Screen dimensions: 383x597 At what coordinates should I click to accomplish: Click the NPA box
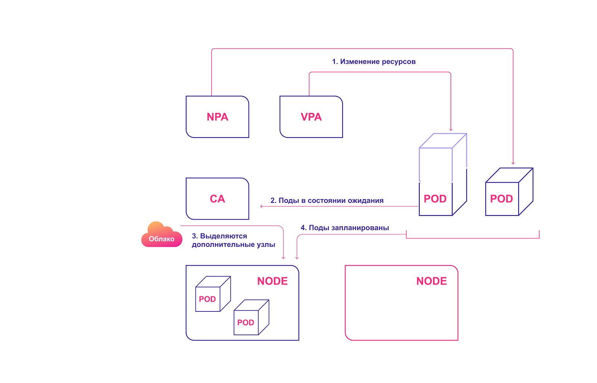(217, 117)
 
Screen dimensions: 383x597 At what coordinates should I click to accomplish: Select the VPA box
(311, 117)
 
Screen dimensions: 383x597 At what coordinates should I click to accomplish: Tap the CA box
(217, 199)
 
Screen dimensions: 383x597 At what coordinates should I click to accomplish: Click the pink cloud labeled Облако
(162, 237)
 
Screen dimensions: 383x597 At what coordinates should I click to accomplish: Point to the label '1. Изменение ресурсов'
(373, 62)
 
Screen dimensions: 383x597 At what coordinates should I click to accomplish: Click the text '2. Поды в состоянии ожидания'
(327, 201)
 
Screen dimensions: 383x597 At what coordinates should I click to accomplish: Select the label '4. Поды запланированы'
(345, 228)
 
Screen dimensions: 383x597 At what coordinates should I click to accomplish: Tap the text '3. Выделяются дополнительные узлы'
(233, 241)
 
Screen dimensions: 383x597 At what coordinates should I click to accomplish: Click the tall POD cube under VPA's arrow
(435, 199)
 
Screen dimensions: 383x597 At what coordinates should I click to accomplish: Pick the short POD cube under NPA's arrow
(502, 199)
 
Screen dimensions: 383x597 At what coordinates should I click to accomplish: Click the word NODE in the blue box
(272, 281)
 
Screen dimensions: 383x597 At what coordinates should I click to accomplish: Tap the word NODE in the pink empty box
(431, 281)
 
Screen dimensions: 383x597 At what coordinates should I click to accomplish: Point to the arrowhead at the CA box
(261, 206)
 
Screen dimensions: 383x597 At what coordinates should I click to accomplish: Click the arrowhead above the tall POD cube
(451, 130)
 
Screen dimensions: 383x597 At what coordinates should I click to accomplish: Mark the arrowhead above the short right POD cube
(513, 163)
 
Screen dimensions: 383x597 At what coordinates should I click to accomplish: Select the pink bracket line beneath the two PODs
(472, 238)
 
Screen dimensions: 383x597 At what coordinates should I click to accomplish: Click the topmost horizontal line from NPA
(362, 48)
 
